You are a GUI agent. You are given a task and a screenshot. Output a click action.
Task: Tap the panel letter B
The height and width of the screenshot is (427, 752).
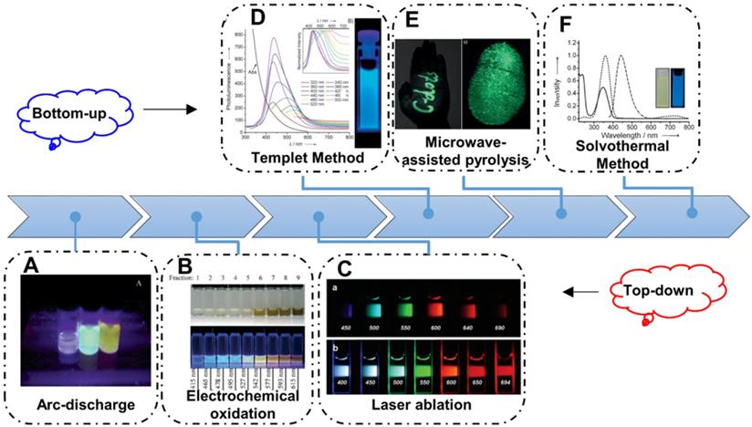[184, 266]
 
